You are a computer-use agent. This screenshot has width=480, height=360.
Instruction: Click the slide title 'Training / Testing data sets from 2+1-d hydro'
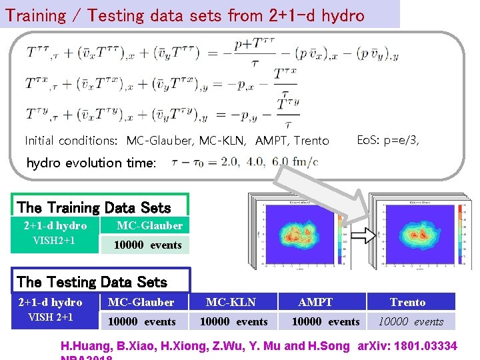point(185,15)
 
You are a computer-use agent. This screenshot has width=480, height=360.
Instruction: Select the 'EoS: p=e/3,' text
point(388,139)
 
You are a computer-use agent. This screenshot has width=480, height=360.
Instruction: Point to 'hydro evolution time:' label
point(91,163)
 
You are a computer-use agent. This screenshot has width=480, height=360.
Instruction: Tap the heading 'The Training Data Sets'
point(94,208)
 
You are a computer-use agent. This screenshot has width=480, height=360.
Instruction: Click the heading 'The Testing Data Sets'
point(92,282)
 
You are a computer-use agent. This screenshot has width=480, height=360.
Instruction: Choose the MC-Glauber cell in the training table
point(149,225)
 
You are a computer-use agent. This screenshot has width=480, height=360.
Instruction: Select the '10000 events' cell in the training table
point(147,245)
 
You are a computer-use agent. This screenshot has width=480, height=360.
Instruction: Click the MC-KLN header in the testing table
point(231,302)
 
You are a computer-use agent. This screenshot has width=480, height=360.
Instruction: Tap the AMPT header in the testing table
point(315,302)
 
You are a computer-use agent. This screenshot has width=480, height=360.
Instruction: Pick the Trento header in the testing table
point(407,302)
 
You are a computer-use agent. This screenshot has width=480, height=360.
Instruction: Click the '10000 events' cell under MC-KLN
point(233,321)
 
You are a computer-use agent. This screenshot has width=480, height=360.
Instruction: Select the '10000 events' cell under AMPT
point(325,321)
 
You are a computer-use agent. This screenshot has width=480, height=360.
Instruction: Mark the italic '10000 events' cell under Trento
point(411,321)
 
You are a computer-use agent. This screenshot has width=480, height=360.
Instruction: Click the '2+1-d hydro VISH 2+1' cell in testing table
point(51,310)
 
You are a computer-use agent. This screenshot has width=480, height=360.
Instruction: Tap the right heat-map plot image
point(417,233)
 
